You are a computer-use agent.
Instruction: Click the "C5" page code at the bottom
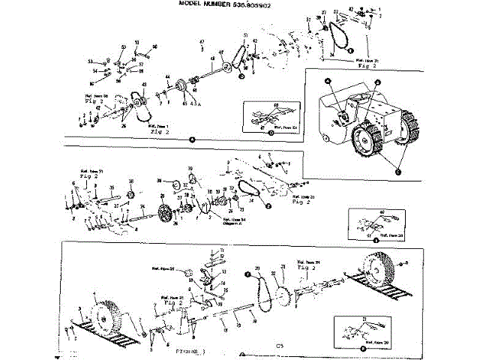280,346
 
